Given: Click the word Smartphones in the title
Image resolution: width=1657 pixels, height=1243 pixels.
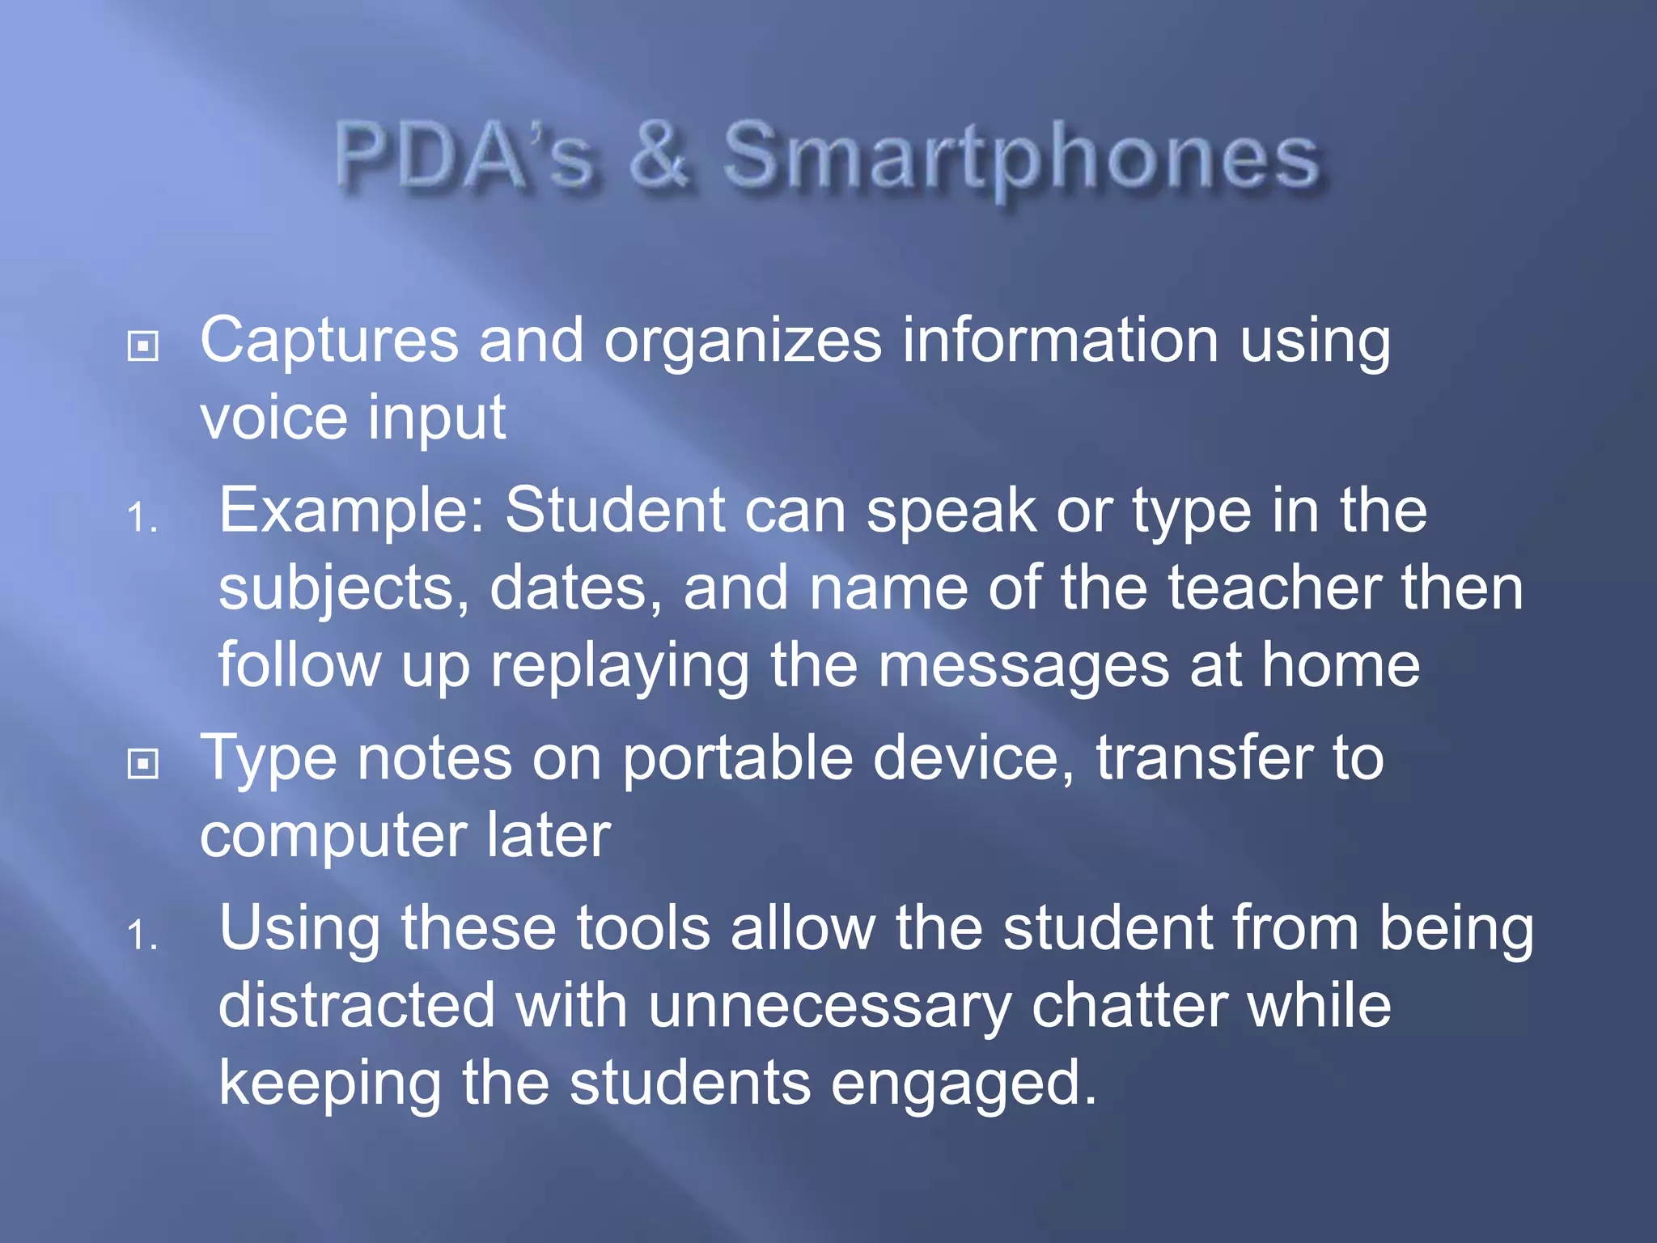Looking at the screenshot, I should [1021, 158].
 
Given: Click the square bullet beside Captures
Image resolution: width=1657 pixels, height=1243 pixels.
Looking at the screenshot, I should [143, 346].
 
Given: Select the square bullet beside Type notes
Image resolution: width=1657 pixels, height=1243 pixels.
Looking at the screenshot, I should [143, 763].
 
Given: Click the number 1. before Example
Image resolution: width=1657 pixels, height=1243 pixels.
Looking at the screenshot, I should [142, 518].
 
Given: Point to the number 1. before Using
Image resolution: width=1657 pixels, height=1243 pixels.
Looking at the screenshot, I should [142, 935].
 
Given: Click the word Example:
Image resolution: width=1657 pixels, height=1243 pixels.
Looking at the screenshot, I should [352, 511].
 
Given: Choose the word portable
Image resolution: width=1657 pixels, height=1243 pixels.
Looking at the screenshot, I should [737, 759].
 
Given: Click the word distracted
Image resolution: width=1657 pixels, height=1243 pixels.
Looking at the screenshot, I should [357, 1006].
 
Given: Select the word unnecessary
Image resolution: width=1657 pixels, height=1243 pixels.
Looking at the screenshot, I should [829, 1006].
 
